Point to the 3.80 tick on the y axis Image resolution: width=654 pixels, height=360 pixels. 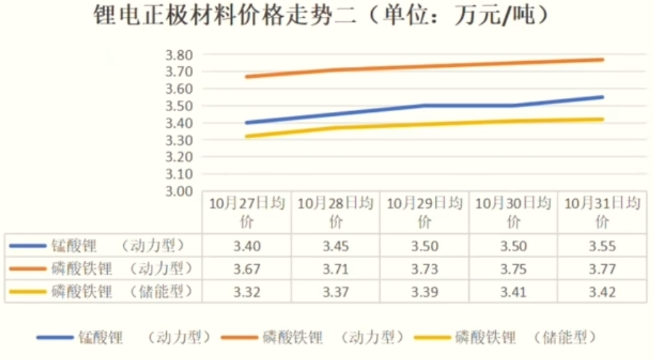click(179, 55)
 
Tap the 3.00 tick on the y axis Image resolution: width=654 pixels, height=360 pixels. click(179, 191)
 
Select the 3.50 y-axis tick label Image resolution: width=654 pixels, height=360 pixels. click(179, 106)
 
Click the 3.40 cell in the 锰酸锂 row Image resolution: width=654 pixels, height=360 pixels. click(247, 246)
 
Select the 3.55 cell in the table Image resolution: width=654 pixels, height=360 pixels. click(602, 246)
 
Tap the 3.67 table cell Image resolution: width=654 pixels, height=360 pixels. click(247, 269)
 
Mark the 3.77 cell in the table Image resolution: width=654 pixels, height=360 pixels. click(602, 269)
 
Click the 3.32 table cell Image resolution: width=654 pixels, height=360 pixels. click(247, 292)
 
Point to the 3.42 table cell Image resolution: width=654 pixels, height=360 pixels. click(602, 292)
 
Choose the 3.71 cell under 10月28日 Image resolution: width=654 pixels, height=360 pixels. click(336, 269)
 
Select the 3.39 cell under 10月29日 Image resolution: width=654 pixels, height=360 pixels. click(425, 292)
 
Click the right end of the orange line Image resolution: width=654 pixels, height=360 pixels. click(602, 60)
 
